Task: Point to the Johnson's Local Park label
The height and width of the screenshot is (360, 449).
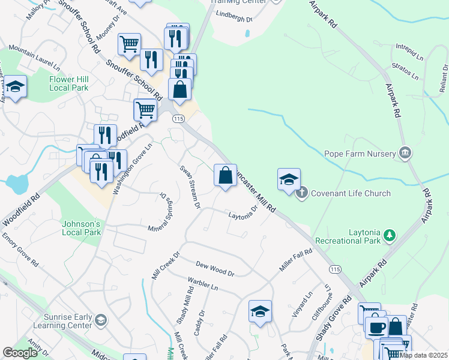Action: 80,228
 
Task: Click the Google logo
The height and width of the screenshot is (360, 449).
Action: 20,352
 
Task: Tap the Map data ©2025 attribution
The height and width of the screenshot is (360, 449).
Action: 424,355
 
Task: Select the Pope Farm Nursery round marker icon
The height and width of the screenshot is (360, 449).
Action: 406,153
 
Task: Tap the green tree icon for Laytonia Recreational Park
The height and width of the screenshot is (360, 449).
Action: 390,235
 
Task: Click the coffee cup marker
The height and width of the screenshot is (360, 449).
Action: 376,327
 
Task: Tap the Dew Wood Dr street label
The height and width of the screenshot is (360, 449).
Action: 215,268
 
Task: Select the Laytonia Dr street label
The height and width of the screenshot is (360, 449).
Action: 243,213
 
